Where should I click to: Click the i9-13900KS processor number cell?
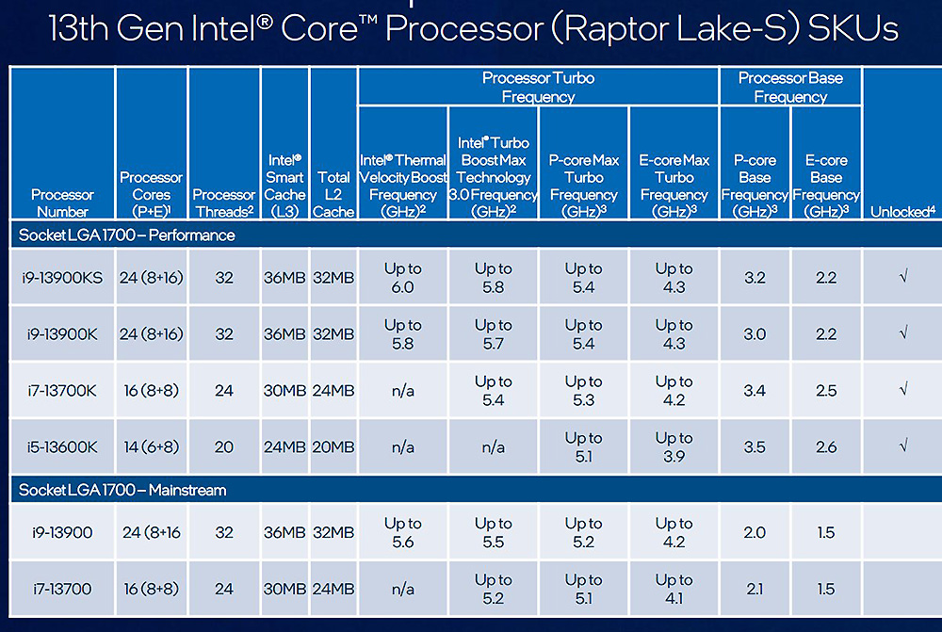[x=61, y=278]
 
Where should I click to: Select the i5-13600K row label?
[x=61, y=447]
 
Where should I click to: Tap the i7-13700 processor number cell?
[x=61, y=589]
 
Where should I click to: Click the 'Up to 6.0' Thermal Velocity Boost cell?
[x=402, y=278]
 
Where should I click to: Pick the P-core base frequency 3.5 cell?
[x=755, y=447]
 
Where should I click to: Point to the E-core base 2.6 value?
[x=826, y=447]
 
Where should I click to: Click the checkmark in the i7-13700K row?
[x=902, y=391]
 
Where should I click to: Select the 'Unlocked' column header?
[x=902, y=212]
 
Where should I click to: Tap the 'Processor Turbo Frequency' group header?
[x=538, y=87]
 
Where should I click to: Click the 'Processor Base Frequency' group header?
[x=789, y=87]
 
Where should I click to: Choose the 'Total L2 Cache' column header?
[x=333, y=194]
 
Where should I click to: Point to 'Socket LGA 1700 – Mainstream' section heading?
[x=122, y=491]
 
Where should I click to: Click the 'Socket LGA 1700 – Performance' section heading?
[x=126, y=235]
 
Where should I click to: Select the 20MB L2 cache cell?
[x=333, y=447]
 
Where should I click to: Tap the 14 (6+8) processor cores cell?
[x=151, y=447]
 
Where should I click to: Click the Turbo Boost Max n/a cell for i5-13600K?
[x=493, y=447]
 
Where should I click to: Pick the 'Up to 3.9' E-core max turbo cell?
[x=674, y=447]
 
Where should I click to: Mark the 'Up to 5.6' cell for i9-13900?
[x=402, y=532]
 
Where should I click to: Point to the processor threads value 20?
[x=224, y=447]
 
